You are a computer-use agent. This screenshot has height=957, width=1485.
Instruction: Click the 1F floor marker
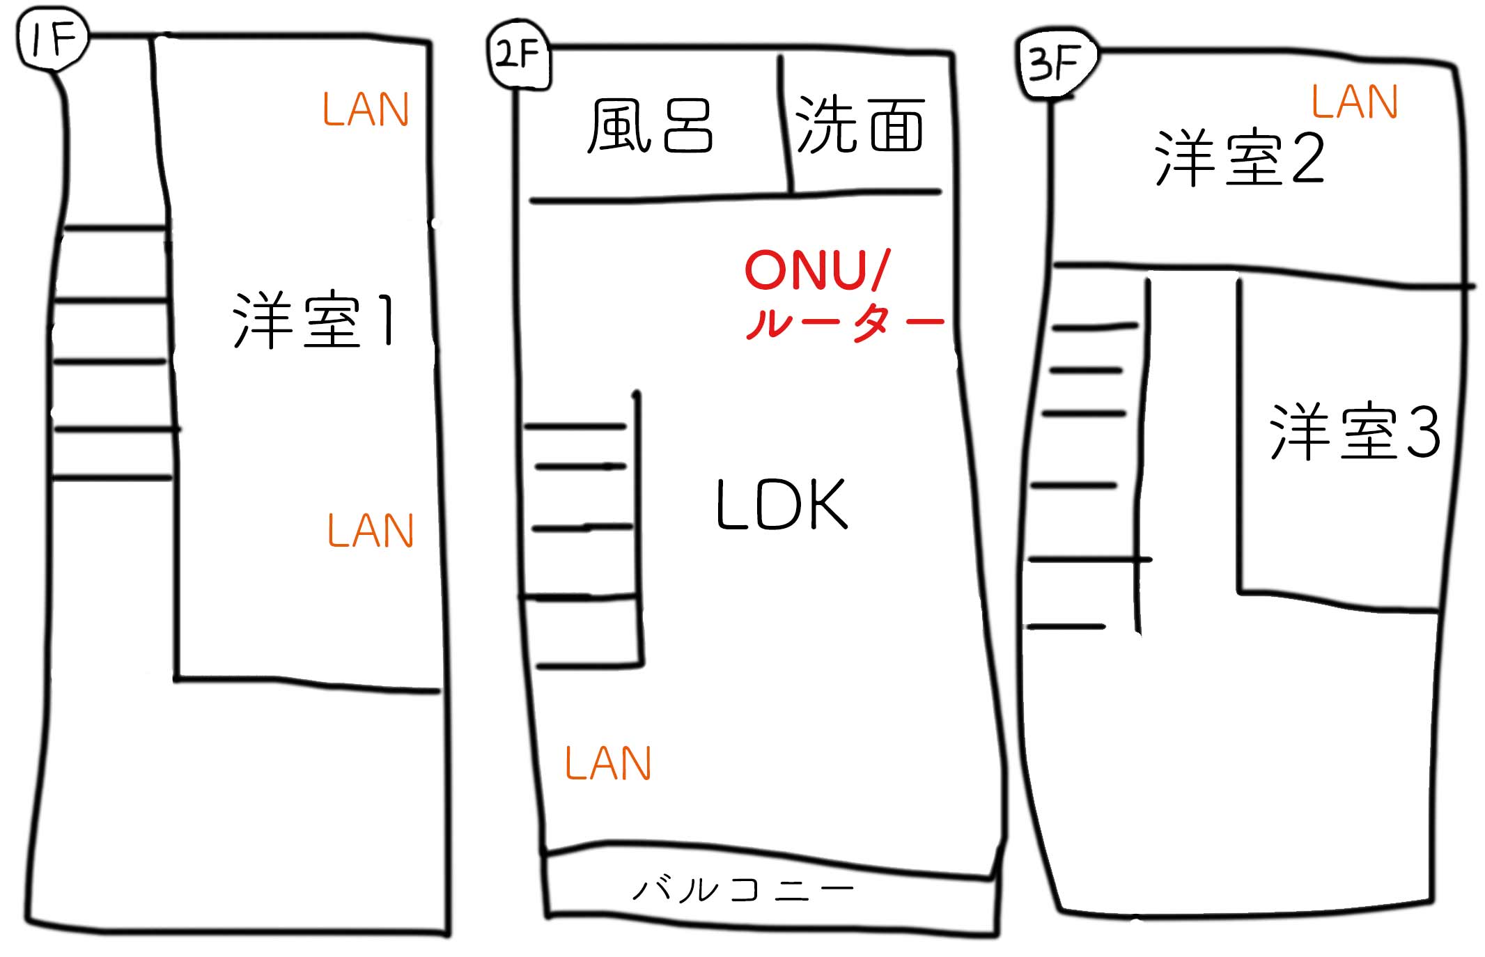(x=52, y=40)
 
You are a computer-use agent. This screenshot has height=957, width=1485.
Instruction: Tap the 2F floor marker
(x=518, y=56)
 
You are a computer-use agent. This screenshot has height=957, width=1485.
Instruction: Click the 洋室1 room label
(x=315, y=320)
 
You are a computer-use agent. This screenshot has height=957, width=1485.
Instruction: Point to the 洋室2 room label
(x=1238, y=159)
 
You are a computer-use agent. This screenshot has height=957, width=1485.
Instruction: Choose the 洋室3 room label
(x=1354, y=432)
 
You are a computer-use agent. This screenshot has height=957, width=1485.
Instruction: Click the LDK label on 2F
(x=782, y=505)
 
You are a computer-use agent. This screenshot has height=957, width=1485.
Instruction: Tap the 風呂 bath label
(x=650, y=125)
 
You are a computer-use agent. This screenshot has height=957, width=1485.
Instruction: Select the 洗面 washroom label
(x=860, y=125)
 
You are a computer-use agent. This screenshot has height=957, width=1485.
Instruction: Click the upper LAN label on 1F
(x=365, y=110)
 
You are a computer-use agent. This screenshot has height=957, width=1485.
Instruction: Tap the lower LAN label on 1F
(x=371, y=531)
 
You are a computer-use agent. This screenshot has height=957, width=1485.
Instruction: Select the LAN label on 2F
(x=607, y=764)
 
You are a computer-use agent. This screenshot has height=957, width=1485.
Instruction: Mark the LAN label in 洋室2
(x=1354, y=102)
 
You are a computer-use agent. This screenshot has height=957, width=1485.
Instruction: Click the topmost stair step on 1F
(x=115, y=228)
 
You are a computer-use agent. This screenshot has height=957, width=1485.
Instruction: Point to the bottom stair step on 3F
(x=1066, y=627)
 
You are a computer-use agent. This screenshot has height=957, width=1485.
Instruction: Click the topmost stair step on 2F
(x=575, y=426)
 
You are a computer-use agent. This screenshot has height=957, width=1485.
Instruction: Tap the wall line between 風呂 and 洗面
(x=785, y=125)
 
